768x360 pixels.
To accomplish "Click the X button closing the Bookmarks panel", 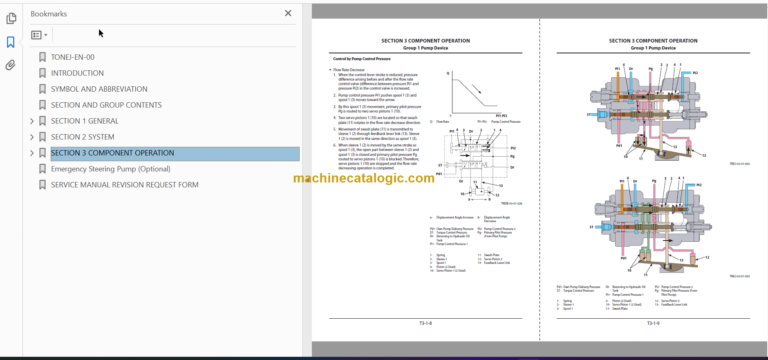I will tap(288, 13).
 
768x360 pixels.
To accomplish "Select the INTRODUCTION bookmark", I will tap(84, 73).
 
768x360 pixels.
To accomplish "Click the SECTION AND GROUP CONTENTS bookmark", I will tap(106, 105).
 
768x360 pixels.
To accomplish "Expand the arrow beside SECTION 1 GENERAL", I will tap(32, 121).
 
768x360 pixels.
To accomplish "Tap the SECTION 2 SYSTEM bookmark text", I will tap(82, 137).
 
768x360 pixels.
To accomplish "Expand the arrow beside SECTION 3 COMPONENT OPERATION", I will tap(32, 153).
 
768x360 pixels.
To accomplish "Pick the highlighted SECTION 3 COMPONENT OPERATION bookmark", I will tap(112, 153).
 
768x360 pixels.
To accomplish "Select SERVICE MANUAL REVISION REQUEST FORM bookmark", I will tap(124, 185).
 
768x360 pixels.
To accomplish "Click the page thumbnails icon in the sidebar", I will tap(11, 18).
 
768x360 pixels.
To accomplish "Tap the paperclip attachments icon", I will tap(11, 65).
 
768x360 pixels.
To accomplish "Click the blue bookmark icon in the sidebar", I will tap(11, 42).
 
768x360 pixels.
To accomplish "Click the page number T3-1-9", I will tap(652, 323).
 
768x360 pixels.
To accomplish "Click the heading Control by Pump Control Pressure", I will tap(361, 60).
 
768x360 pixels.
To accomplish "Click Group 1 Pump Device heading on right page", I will tap(652, 48).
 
